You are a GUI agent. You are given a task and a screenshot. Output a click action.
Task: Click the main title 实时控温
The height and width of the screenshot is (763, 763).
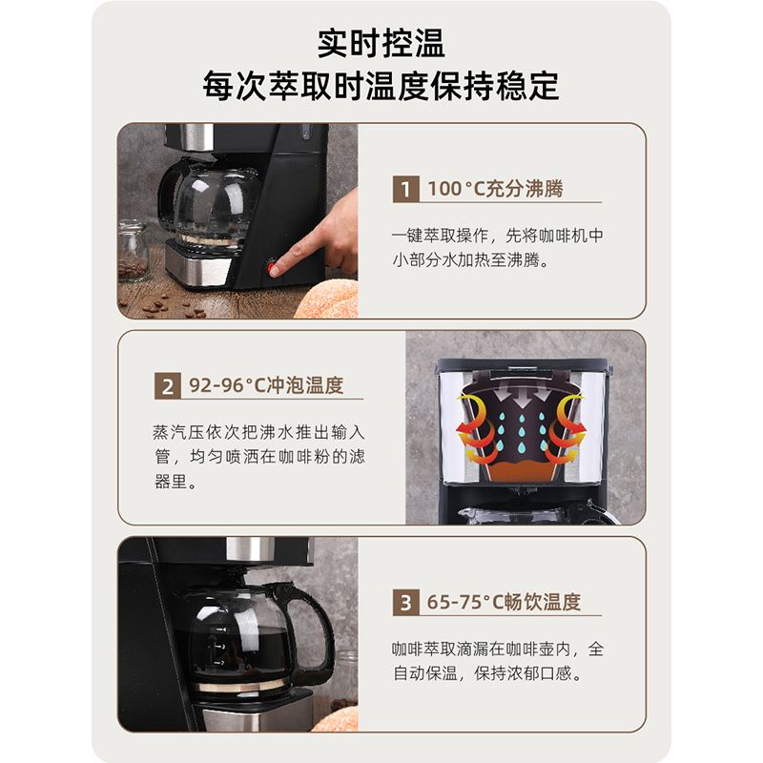click(x=381, y=43)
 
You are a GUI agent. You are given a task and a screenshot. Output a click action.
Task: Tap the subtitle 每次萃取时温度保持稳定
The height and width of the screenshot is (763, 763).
click(x=381, y=86)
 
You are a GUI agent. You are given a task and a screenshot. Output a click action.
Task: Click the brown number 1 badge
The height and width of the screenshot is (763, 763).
click(x=405, y=189)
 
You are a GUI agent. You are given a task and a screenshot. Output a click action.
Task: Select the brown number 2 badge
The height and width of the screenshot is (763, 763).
click(x=168, y=386)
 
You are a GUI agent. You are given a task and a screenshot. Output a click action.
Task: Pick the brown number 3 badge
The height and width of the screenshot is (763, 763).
click(x=405, y=603)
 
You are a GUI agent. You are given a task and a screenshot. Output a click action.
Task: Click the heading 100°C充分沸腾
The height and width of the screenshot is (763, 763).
click(x=495, y=189)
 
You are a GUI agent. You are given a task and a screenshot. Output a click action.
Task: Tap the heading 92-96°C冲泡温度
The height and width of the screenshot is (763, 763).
click(x=266, y=385)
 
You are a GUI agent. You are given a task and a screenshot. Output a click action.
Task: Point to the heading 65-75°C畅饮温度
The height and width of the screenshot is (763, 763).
click(x=504, y=602)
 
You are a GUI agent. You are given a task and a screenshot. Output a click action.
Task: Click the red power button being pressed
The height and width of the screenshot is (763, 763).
click(x=271, y=268)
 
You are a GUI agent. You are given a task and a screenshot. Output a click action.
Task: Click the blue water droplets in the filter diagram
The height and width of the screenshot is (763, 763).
click(x=522, y=431)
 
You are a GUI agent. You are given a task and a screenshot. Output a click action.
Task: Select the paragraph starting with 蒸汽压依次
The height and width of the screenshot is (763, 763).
click(x=258, y=457)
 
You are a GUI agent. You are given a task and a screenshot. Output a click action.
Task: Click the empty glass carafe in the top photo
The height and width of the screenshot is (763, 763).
click(x=209, y=204)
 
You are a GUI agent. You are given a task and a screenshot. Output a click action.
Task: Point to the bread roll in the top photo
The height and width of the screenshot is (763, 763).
click(x=327, y=299)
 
